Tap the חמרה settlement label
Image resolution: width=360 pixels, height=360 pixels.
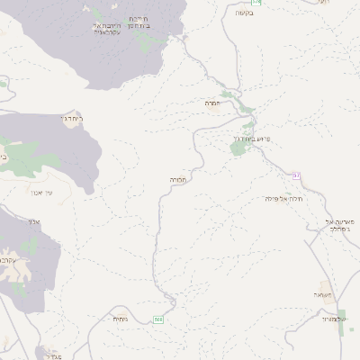(212, 103)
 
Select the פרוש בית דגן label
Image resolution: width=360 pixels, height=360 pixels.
(251, 139)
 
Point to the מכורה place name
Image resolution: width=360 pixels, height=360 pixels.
(176, 180)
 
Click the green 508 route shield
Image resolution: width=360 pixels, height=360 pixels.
(158, 319)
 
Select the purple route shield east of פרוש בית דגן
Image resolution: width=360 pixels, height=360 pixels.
(294, 174)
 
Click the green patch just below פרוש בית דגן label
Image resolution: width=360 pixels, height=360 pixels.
(239, 149)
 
